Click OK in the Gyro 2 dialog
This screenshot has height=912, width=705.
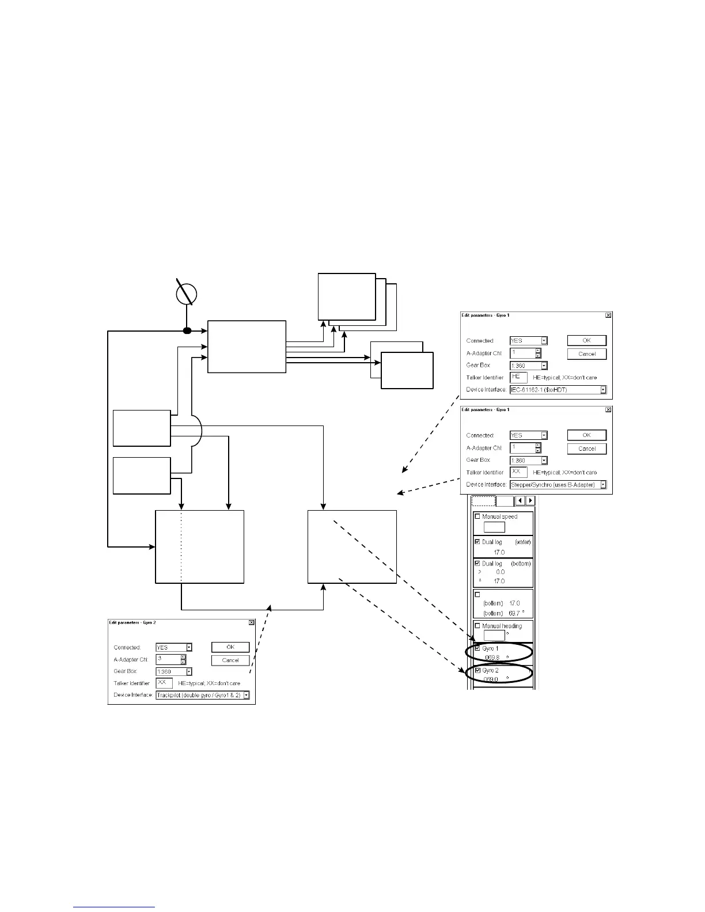(230, 647)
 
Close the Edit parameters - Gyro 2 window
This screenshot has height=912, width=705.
(252, 622)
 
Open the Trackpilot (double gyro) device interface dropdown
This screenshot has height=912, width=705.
(247, 695)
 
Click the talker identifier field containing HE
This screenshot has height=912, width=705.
(518, 377)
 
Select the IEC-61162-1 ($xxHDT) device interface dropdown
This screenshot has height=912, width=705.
(558, 390)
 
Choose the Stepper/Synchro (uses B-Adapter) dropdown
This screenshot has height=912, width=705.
(558, 485)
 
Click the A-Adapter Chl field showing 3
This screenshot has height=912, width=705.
(168, 659)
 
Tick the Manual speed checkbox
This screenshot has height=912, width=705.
(477, 516)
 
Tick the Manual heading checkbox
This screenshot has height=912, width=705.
(477, 625)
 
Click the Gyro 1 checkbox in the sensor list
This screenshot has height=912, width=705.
(477, 648)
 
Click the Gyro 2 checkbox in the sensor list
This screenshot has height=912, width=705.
(477, 670)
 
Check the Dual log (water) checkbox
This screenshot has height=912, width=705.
(477, 542)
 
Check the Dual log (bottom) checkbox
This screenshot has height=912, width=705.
(477, 563)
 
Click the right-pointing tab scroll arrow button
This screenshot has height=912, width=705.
(530, 501)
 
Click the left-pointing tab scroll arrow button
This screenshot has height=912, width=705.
(520, 501)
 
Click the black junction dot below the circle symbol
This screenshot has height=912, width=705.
(187, 330)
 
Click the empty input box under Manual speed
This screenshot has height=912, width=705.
(494, 527)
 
